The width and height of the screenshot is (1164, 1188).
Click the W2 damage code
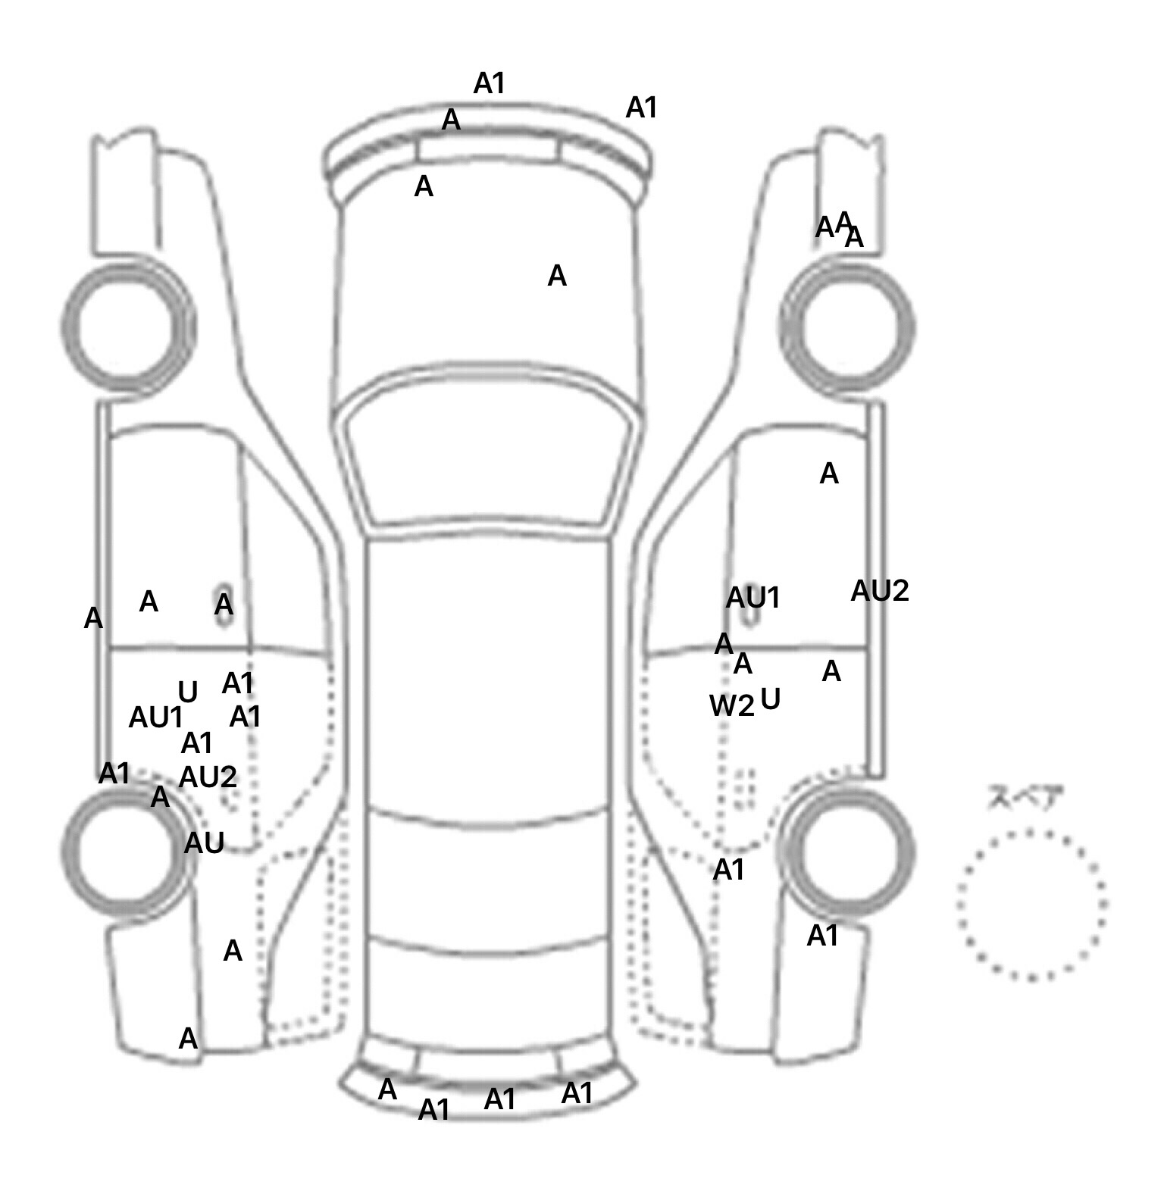tap(731, 706)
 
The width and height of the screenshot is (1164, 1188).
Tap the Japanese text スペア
tap(1025, 798)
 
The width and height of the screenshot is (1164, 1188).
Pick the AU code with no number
tap(204, 843)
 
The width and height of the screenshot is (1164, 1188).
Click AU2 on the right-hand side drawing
tap(879, 591)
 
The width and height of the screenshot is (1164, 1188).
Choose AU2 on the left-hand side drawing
tap(208, 777)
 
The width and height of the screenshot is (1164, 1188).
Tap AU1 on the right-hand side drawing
tap(753, 599)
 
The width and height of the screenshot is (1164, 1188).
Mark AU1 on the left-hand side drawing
tap(155, 717)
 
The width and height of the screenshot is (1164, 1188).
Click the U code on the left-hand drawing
tap(187, 692)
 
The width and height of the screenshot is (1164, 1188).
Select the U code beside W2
tap(770, 699)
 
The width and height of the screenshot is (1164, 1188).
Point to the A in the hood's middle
tap(557, 277)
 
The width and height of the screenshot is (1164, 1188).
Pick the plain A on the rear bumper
tap(387, 1090)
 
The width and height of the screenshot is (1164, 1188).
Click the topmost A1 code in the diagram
tap(489, 83)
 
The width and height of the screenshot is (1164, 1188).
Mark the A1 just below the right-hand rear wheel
tap(822, 936)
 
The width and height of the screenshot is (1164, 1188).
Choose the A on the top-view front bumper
tap(451, 120)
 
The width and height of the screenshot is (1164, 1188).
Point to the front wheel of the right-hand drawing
tap(847, 327)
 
